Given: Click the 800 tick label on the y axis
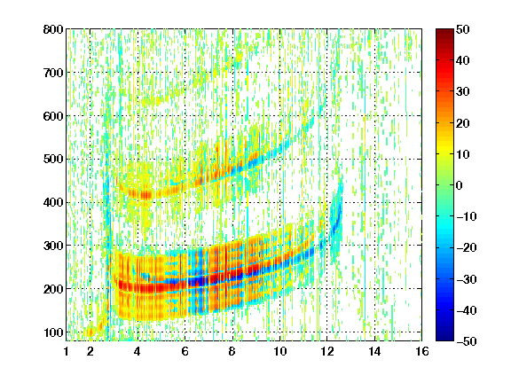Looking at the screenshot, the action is (x=53, y=29).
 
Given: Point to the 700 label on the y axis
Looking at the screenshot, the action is (x=53, y=73).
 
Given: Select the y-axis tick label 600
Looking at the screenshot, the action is (x=53, y=116).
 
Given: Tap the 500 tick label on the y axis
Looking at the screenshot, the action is (x=53, y=160).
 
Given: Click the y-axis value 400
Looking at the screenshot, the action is (x=53, y=202).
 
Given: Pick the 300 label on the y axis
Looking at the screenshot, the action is (x=53, y=246).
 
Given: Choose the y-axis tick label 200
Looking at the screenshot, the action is (x=53, y=289).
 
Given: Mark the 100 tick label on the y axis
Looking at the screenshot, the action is (x=53, y=332).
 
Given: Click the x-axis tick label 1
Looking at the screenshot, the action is (x=67, y=351).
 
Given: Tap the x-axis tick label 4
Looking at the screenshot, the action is (x=138, y=351).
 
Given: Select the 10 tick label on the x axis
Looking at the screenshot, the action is (x=280, y=351).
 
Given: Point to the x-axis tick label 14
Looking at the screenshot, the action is (x=374, y=351).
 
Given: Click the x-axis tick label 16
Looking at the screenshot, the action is (x=422, y=351).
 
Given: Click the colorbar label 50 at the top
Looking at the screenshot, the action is (x=463, y=29).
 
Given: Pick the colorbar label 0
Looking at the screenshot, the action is (x=460, y=185).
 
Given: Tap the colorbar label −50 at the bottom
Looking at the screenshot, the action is (x=467, y=341).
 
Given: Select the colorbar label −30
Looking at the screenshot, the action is (x=467, y=279).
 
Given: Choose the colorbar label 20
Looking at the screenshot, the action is (x=463, y=123).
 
